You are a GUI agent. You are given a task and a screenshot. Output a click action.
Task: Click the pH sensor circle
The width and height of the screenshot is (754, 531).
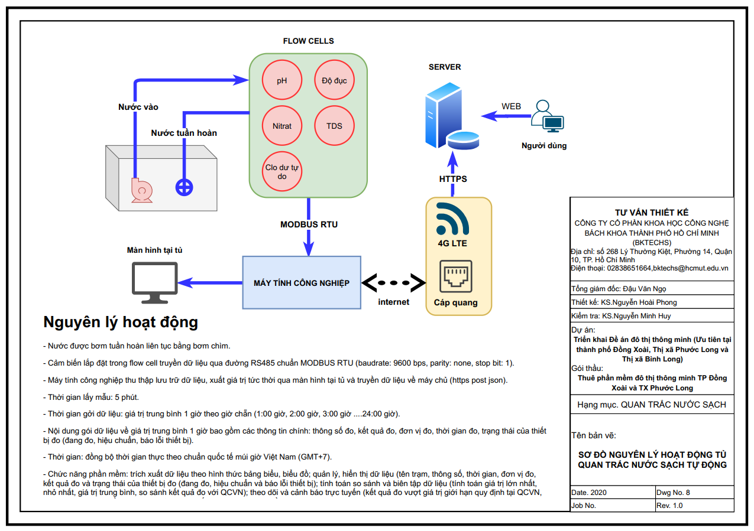pyautogui.click(x=282, y=80)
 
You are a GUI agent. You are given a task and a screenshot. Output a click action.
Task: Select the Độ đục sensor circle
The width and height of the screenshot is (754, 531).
pyautogui.click(x=334, y=80)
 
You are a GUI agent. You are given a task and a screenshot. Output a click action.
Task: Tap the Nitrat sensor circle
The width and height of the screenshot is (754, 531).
pyautogui.click(x=282, y=126)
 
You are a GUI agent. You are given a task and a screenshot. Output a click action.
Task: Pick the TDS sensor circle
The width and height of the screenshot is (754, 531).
pyautogui.click(x=334, y=126)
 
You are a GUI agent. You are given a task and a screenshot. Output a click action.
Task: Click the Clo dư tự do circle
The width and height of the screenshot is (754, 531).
pyautogui.click(x=282, y=171)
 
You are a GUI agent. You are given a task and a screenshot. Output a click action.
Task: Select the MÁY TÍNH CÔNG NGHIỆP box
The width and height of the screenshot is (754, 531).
pyautogui.click(x=302, y=282)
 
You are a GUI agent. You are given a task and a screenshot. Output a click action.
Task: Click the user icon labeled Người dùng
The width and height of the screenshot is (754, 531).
pyautogui.click(x=546, y=116)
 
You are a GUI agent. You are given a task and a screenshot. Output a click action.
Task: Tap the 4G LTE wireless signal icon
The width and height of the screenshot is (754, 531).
pyautogui.click(x=452, y=219)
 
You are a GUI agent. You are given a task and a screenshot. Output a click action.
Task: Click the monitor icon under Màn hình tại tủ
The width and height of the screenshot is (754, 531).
pyautogui.click(x=153, y=282)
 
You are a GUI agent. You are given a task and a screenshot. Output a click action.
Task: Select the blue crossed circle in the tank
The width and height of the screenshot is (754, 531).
pyautogui.click(x=185, y=188)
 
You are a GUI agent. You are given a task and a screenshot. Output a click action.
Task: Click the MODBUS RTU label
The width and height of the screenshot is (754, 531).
pyautogui.click(x=309, y=224)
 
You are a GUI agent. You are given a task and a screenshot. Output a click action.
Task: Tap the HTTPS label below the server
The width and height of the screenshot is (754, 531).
pyautogui.click(x=453, y=178)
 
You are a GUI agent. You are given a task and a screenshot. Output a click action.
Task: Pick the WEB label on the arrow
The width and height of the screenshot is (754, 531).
pyautogui.click(x=512, y=106)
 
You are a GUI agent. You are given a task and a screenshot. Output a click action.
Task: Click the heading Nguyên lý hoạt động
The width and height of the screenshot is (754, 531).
pyautogui.click(x=121, y=322)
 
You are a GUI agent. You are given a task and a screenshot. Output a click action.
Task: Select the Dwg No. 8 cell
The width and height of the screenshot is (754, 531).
pyautogui.click(x=694, y=492)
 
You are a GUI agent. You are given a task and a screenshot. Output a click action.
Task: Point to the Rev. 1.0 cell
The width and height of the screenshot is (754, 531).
pyautogui.click(x=694, y=506)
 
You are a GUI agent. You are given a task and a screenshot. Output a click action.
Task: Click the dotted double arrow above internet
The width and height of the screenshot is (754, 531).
pyautogui.click(x=393, y=282)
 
